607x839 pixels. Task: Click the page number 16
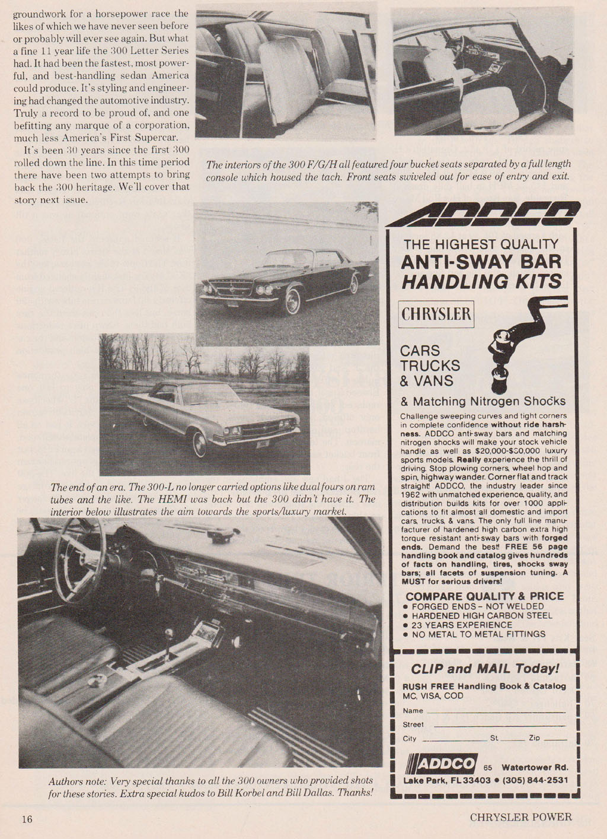point(27,819)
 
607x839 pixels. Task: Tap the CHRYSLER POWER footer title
point(521,817)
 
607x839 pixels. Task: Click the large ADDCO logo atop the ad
point(483,214)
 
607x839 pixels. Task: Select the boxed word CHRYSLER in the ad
point(436,313)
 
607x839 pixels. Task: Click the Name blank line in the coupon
point(496,711)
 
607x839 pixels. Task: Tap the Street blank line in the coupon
point(499,724)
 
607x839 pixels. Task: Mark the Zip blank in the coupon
point(555,739)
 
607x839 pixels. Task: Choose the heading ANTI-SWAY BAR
point(481,262)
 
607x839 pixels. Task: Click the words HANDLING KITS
point(481,281)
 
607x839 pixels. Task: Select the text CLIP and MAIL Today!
point(485,669)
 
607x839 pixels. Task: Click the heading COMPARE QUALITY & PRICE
point(484,596)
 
